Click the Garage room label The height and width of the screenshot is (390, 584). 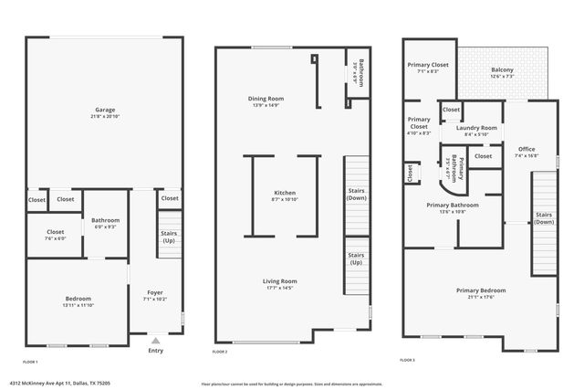click(103, 110)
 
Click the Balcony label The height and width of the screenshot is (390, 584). click(502, 70)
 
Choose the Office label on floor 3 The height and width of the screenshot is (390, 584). click(527, 149)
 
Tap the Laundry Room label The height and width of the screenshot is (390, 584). click(476, 128)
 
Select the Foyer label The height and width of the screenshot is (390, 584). click(154, 292)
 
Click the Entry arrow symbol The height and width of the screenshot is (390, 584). click(155, 339)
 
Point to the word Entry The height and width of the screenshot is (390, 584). click(155, 350)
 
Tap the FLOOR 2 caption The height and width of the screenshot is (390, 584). click(220, 352)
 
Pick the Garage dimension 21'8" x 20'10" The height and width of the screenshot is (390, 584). click(103, 117)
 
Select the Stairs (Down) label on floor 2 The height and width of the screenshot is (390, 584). click(357, 194)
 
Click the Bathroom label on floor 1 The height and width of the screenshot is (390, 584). click(105, 220)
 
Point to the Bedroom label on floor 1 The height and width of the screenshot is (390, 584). click(78, 298)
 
